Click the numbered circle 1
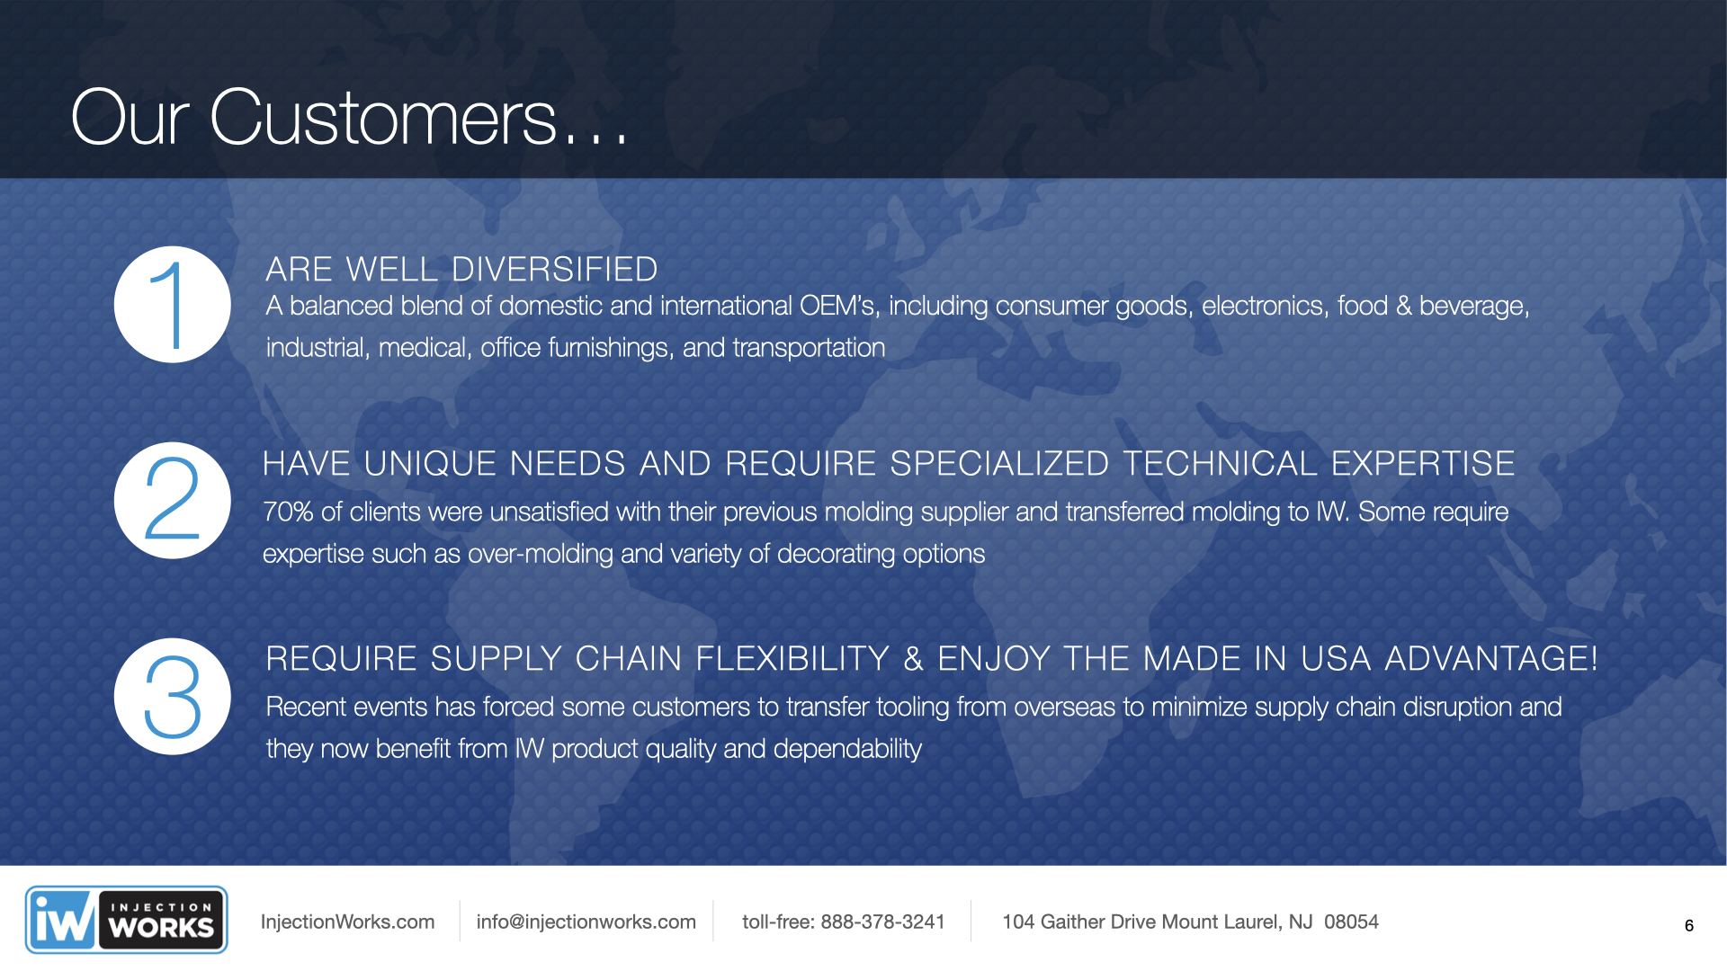pyautogui.click(x=173, y=305)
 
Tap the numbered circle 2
pyautogui.click(x=173, y=501)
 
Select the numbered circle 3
pyautogui.click(x=173, y=697)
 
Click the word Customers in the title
pyautogui.click(x=383, y=118)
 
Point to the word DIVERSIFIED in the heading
pyautogui.click(x=555, y=270)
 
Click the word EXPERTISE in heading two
pyautogui.click(x=1423, y=464)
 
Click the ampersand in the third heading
pyautogui.click(x=914, y=659)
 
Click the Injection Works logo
pyautogui.click(x=126, y=920)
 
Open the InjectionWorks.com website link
pyautogui.click(x=347, y=922)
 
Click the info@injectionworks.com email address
pyautogui.click(x=586, y=922)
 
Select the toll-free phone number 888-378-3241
pyautogui.click(x=882, y=922)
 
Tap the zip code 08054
pyautogui.click(x=1351, y=922)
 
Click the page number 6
pyautogui.click(x=1689, y=926)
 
